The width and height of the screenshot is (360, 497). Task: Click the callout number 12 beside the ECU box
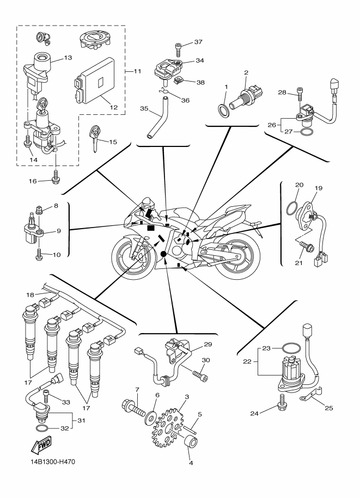(113, 107)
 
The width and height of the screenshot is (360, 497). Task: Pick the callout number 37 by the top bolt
(198, 42)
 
